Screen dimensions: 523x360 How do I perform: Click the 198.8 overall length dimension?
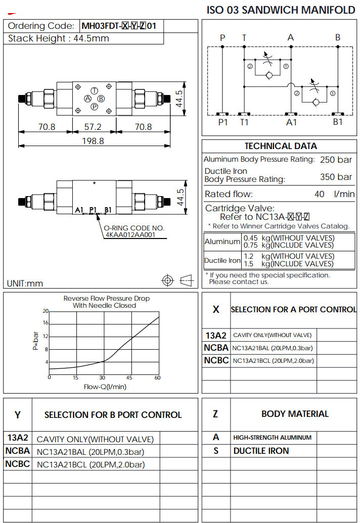coord(94,141)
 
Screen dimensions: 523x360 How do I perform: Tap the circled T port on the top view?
coord(94,89)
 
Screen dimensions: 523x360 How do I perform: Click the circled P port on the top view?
coord(94,106)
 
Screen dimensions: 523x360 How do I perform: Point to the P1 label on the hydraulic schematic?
coord(223,122)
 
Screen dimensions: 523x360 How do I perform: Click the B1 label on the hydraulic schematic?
coord(338,122)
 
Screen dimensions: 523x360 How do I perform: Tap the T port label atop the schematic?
coord(245,37)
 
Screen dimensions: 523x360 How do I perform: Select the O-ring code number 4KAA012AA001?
coord(129,234)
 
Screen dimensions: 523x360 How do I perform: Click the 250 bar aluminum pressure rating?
coord(336,160)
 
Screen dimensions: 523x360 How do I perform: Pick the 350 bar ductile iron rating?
coord(336,177)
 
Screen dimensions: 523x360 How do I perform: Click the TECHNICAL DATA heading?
coord(281,146)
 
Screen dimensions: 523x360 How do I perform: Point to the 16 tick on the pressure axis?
coord(46,323)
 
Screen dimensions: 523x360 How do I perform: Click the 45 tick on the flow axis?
coord(129,378)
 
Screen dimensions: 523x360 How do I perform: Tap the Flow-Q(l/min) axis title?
coord(105,387)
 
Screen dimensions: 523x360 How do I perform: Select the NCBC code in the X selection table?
coord(216,361)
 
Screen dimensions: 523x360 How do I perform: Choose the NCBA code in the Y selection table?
coord(18,451)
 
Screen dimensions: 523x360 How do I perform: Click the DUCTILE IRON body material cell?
coord(261,451)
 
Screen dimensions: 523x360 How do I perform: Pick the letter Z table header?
coord(216,414)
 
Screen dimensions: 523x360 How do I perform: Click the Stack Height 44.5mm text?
coord(59,38)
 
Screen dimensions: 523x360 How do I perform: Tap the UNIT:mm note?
coord(25,283)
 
